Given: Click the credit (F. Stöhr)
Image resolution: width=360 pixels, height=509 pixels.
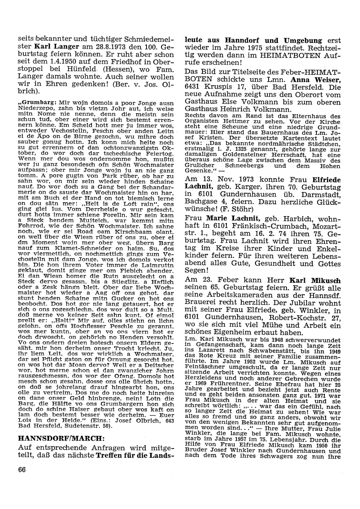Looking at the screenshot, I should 236,209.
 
